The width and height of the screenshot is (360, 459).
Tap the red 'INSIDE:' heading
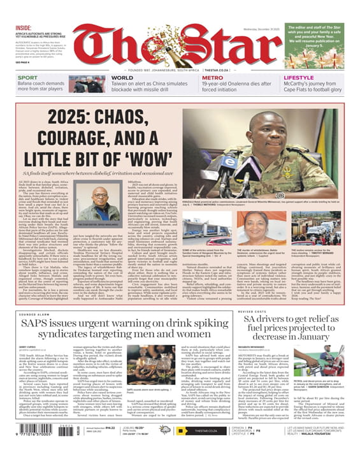(24, 27)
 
